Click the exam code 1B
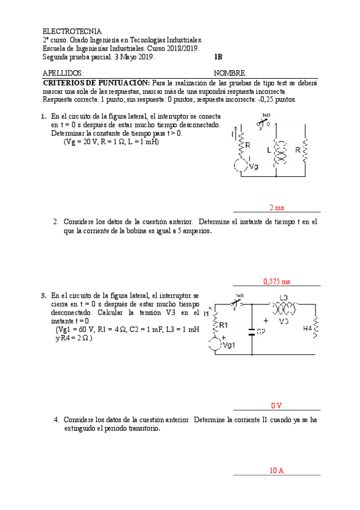(218, 57)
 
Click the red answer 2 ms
(276, 207)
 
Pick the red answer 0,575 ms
(276, 281)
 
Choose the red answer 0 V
(276, 405)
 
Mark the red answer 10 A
(276, 470)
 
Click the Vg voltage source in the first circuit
(240, 166)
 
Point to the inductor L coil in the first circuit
(278, 153)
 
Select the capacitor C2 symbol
(252, 330)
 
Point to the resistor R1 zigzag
(215, 325)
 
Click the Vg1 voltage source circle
(214, 345)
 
